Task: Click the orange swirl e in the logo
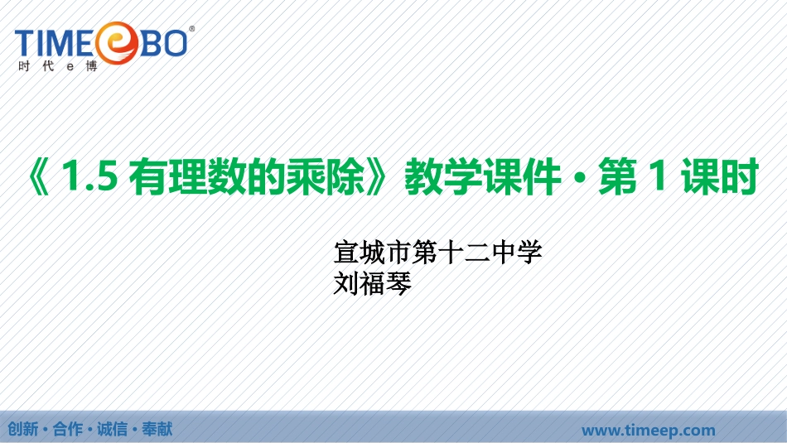click(x=117, y=43)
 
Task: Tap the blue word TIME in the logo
click(x=54, y=43)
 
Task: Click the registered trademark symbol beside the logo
click(x=191, y=29)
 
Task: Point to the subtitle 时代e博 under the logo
click(x=58, y=66)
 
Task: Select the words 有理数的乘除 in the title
click(x=246, y=176)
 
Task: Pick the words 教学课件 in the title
click(x=482, y=176)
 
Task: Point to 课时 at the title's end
click(x=719, y=176)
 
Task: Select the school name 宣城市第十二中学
click(x=437, y=253)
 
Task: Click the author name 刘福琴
click(x=373, y=283)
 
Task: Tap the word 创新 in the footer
click(x=22, y=429)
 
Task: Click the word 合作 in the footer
click(x=68, y=429)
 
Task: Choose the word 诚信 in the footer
click(x=113, y=429)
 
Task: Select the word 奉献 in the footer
click(x=157, y=429)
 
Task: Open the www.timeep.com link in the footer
click(x=649, y=430)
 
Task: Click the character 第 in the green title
click(x=617, y=176)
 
